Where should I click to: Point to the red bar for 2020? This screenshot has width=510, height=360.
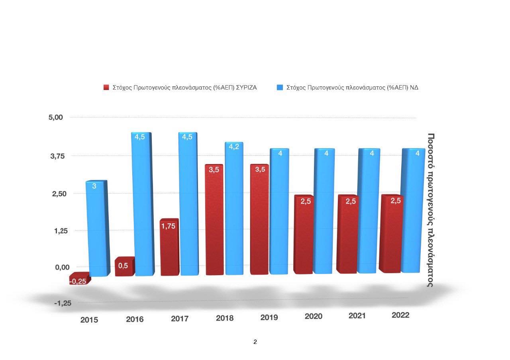pos(304,235)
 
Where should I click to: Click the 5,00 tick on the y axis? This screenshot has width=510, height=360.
pos(55,117)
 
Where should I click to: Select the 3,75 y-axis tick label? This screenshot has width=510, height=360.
pos(55,156)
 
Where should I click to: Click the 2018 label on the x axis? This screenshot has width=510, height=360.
pos(225,318)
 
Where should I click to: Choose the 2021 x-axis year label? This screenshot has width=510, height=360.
pos(357,316)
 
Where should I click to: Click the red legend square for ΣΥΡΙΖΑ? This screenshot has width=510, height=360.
pos(106,88)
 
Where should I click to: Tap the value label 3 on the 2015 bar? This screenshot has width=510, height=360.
pos(94,186)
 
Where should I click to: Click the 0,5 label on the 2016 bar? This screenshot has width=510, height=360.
pos(123,266)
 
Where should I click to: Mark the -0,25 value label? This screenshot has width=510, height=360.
pos(78,281)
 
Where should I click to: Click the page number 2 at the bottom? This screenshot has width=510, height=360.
pos(255,342)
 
